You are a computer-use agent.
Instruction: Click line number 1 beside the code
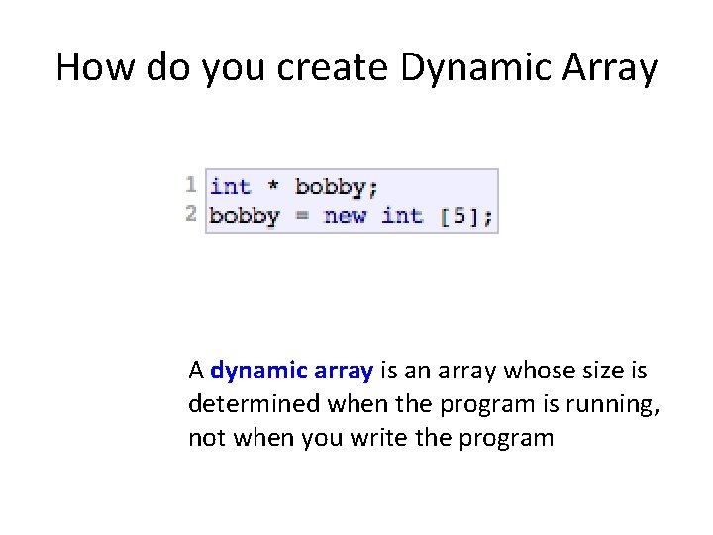click(x=191, y=184)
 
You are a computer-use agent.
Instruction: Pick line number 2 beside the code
click(x=191, y=213)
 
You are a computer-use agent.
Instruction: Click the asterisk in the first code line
click(x=273, y=186)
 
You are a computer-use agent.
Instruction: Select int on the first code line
click(x=230, y=186)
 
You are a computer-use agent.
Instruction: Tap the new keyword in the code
click(x=345, y=215)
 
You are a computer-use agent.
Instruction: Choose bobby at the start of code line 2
click(x=245, y=215)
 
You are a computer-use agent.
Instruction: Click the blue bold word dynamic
click(x=259, y=372)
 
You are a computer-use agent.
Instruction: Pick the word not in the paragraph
click(x=206, y=437)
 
